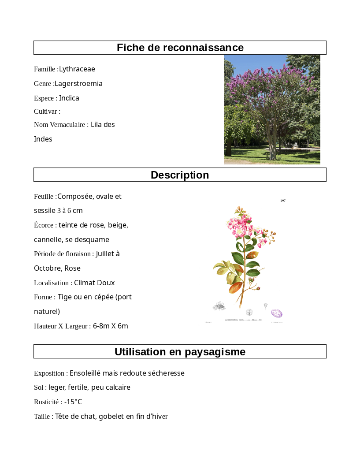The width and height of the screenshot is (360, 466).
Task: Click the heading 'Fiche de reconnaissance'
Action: (x=180, y=48)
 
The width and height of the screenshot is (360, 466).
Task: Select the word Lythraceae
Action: (x=77, y=69)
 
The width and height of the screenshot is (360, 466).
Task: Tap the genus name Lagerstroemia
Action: (x=78, y=84)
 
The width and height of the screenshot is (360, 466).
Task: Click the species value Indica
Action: (x=69, y=98)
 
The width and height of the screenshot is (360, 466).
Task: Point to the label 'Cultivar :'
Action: (x=47, y=112)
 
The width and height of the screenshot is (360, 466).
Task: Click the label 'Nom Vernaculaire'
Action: (x=59, y=125)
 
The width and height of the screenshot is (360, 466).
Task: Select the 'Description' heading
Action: (x=180, y=175)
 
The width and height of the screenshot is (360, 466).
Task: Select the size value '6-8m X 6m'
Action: (x=111, y=326)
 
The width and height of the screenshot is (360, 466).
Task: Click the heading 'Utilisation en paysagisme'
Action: (x=180, y=352)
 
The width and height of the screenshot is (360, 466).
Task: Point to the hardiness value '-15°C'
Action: (x=73, y=402)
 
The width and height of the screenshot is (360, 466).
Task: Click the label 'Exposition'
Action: (x=49, y=373)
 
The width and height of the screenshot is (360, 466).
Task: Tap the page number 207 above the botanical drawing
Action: (x=283, y=201)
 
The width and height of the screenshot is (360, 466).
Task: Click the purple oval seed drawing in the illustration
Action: (x=277, y=313)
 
